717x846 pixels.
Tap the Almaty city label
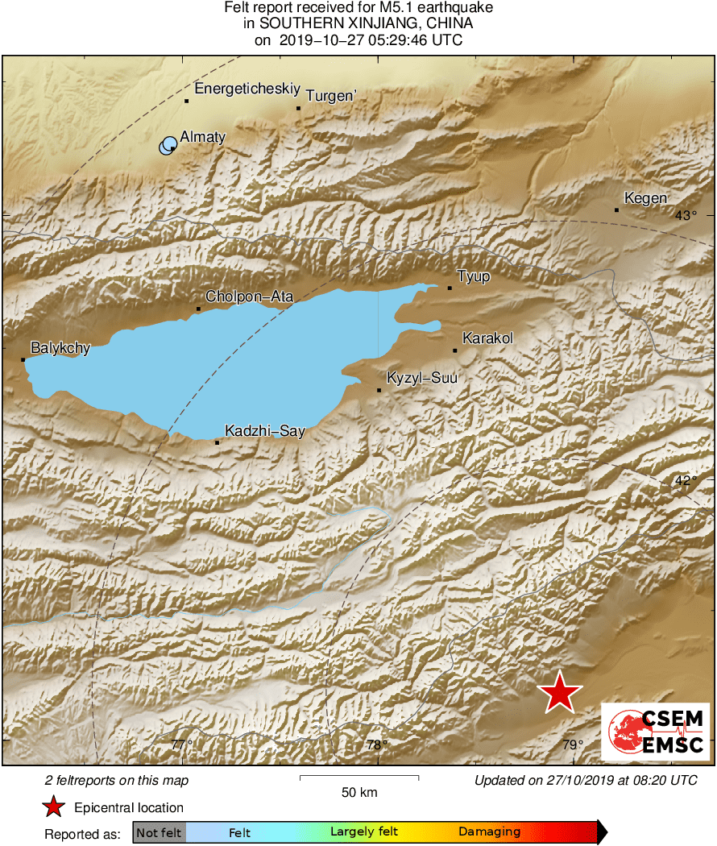click(x=202, y=137)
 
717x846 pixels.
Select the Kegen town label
click(x=647, y=199)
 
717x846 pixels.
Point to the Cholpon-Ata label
click(x=249, y=297)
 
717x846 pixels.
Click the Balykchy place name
click(x=60, y=349)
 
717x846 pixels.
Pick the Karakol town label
click(x=487, y=338)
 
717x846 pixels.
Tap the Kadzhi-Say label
click(x=265, y=431)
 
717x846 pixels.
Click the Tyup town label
click(x=474, y=277)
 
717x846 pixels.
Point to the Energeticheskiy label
click(x=236, y=89)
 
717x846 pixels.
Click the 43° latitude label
click(x=686, y=215)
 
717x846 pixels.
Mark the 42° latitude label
click(x=686, y=480)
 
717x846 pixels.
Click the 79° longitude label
click(x=572, y=744)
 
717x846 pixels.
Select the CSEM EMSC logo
click(x=655, y=732)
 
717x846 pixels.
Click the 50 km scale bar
click(x=359, y=778)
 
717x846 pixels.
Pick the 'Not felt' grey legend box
click(x=160, y=832)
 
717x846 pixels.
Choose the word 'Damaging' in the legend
click(x=490, y=832)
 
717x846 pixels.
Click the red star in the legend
click(x=53, y=807)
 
